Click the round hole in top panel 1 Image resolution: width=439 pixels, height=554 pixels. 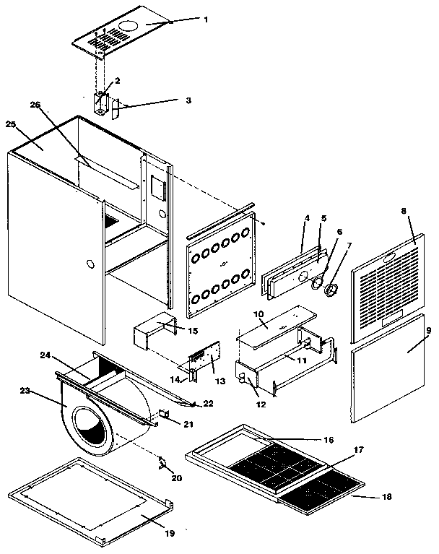129,27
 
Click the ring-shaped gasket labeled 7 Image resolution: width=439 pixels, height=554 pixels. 333,291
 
